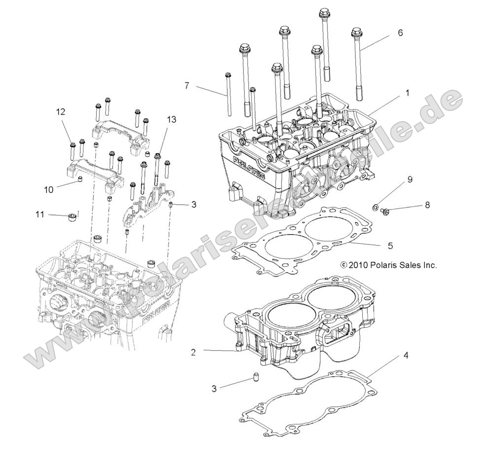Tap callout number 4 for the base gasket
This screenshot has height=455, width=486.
coord(405,354)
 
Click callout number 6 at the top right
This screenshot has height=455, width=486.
coord(400,33)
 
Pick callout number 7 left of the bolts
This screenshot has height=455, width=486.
coord(186,85)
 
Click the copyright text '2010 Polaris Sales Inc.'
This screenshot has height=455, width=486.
coord(388,265)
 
